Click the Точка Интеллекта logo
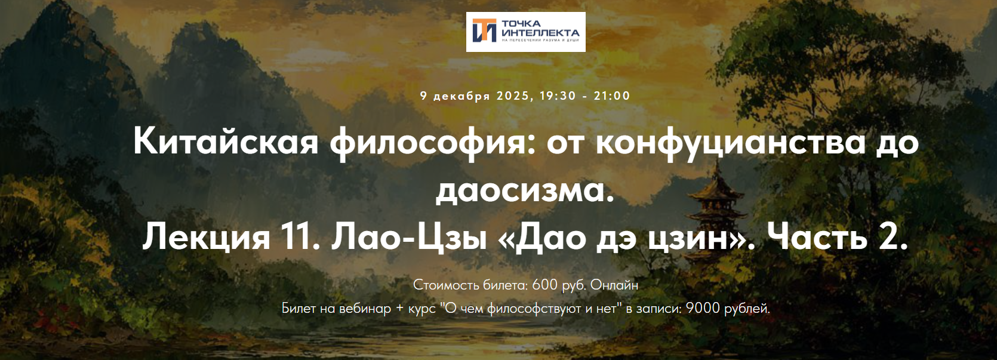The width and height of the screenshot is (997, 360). click(x=525, y=32)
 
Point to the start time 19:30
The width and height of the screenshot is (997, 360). click(x=558, y=96)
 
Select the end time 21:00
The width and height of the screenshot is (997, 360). click(x=612, y=96)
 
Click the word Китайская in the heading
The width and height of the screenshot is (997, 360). click(x=226, y=142)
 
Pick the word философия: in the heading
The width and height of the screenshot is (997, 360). click(x=432, y=142)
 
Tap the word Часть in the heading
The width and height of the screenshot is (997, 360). click(x=816, y=237)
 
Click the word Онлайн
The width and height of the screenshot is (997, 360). click(x=614, y=285)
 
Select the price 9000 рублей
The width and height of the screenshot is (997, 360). click(x=727, y=309)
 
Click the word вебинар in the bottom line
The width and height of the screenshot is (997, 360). click(x=365, y=309)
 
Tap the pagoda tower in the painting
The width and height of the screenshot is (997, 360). click(x=713, y=203)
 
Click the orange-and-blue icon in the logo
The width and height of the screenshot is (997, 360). click(x=484, y=31)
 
